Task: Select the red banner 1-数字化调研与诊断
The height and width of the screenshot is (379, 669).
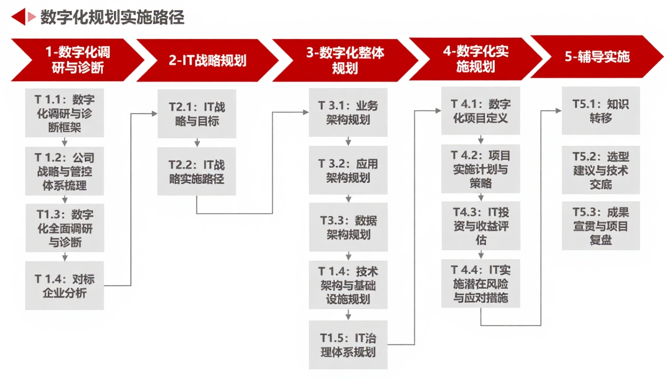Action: point(78,60)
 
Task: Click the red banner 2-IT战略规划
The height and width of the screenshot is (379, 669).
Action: point(207,60)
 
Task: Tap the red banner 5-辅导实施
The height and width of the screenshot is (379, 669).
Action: point(597,57)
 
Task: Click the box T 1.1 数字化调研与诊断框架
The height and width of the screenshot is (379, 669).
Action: point(65,114)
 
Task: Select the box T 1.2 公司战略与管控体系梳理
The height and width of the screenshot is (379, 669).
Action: point(65,172)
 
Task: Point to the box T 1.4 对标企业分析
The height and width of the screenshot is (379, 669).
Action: point(65,286)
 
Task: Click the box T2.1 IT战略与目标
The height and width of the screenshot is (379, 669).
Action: point(197,114)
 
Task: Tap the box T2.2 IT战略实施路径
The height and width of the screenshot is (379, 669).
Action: point(197,172)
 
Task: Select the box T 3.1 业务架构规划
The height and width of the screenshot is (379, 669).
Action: point(348,112)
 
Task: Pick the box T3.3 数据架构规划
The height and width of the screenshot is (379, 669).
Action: point(348,228)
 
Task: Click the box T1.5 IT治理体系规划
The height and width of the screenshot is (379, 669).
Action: point(348,345)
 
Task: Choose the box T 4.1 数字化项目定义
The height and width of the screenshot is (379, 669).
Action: point(481,111)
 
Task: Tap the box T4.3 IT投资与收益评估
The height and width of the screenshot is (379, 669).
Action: point(481,226)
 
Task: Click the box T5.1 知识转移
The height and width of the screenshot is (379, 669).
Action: point(601,111)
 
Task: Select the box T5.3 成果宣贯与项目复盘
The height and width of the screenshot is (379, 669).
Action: point(601,226)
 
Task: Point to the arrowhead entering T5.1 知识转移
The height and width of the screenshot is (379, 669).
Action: point(558,111)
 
